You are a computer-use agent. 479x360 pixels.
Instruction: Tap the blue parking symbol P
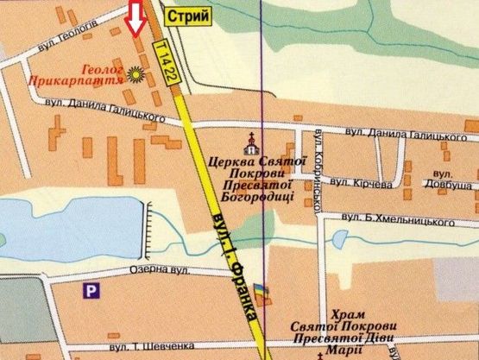[89, 292]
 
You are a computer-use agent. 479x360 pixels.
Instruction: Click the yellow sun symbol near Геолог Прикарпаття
[135, 75]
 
